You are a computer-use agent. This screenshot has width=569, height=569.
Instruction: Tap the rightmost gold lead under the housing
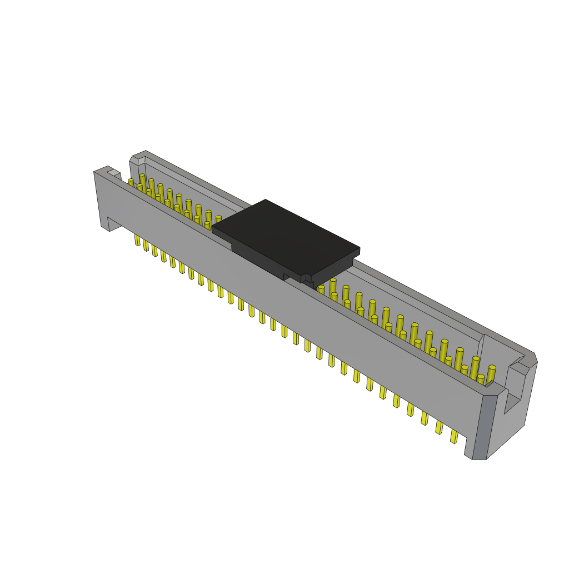click(x=454, y=436)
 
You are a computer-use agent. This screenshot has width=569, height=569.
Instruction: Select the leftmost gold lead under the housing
click(x=137, y=239)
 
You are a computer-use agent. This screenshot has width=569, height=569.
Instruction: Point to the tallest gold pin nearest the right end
click(x=491, y=374)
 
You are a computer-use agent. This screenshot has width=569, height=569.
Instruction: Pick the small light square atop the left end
click(x=113, y=173)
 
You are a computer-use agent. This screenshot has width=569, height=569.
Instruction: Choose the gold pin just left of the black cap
click(x=218, y=219)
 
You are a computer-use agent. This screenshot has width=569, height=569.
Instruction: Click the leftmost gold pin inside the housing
click(x=131, y=182)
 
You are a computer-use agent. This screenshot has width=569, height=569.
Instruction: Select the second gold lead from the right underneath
click(x=439, y=427)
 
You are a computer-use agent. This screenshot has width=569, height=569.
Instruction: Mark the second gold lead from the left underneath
click(x=146, y=245)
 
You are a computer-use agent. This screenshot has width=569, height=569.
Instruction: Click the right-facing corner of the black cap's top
click(x=358, y=249)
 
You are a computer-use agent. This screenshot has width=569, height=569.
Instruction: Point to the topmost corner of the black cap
click(x=266, y=201)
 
